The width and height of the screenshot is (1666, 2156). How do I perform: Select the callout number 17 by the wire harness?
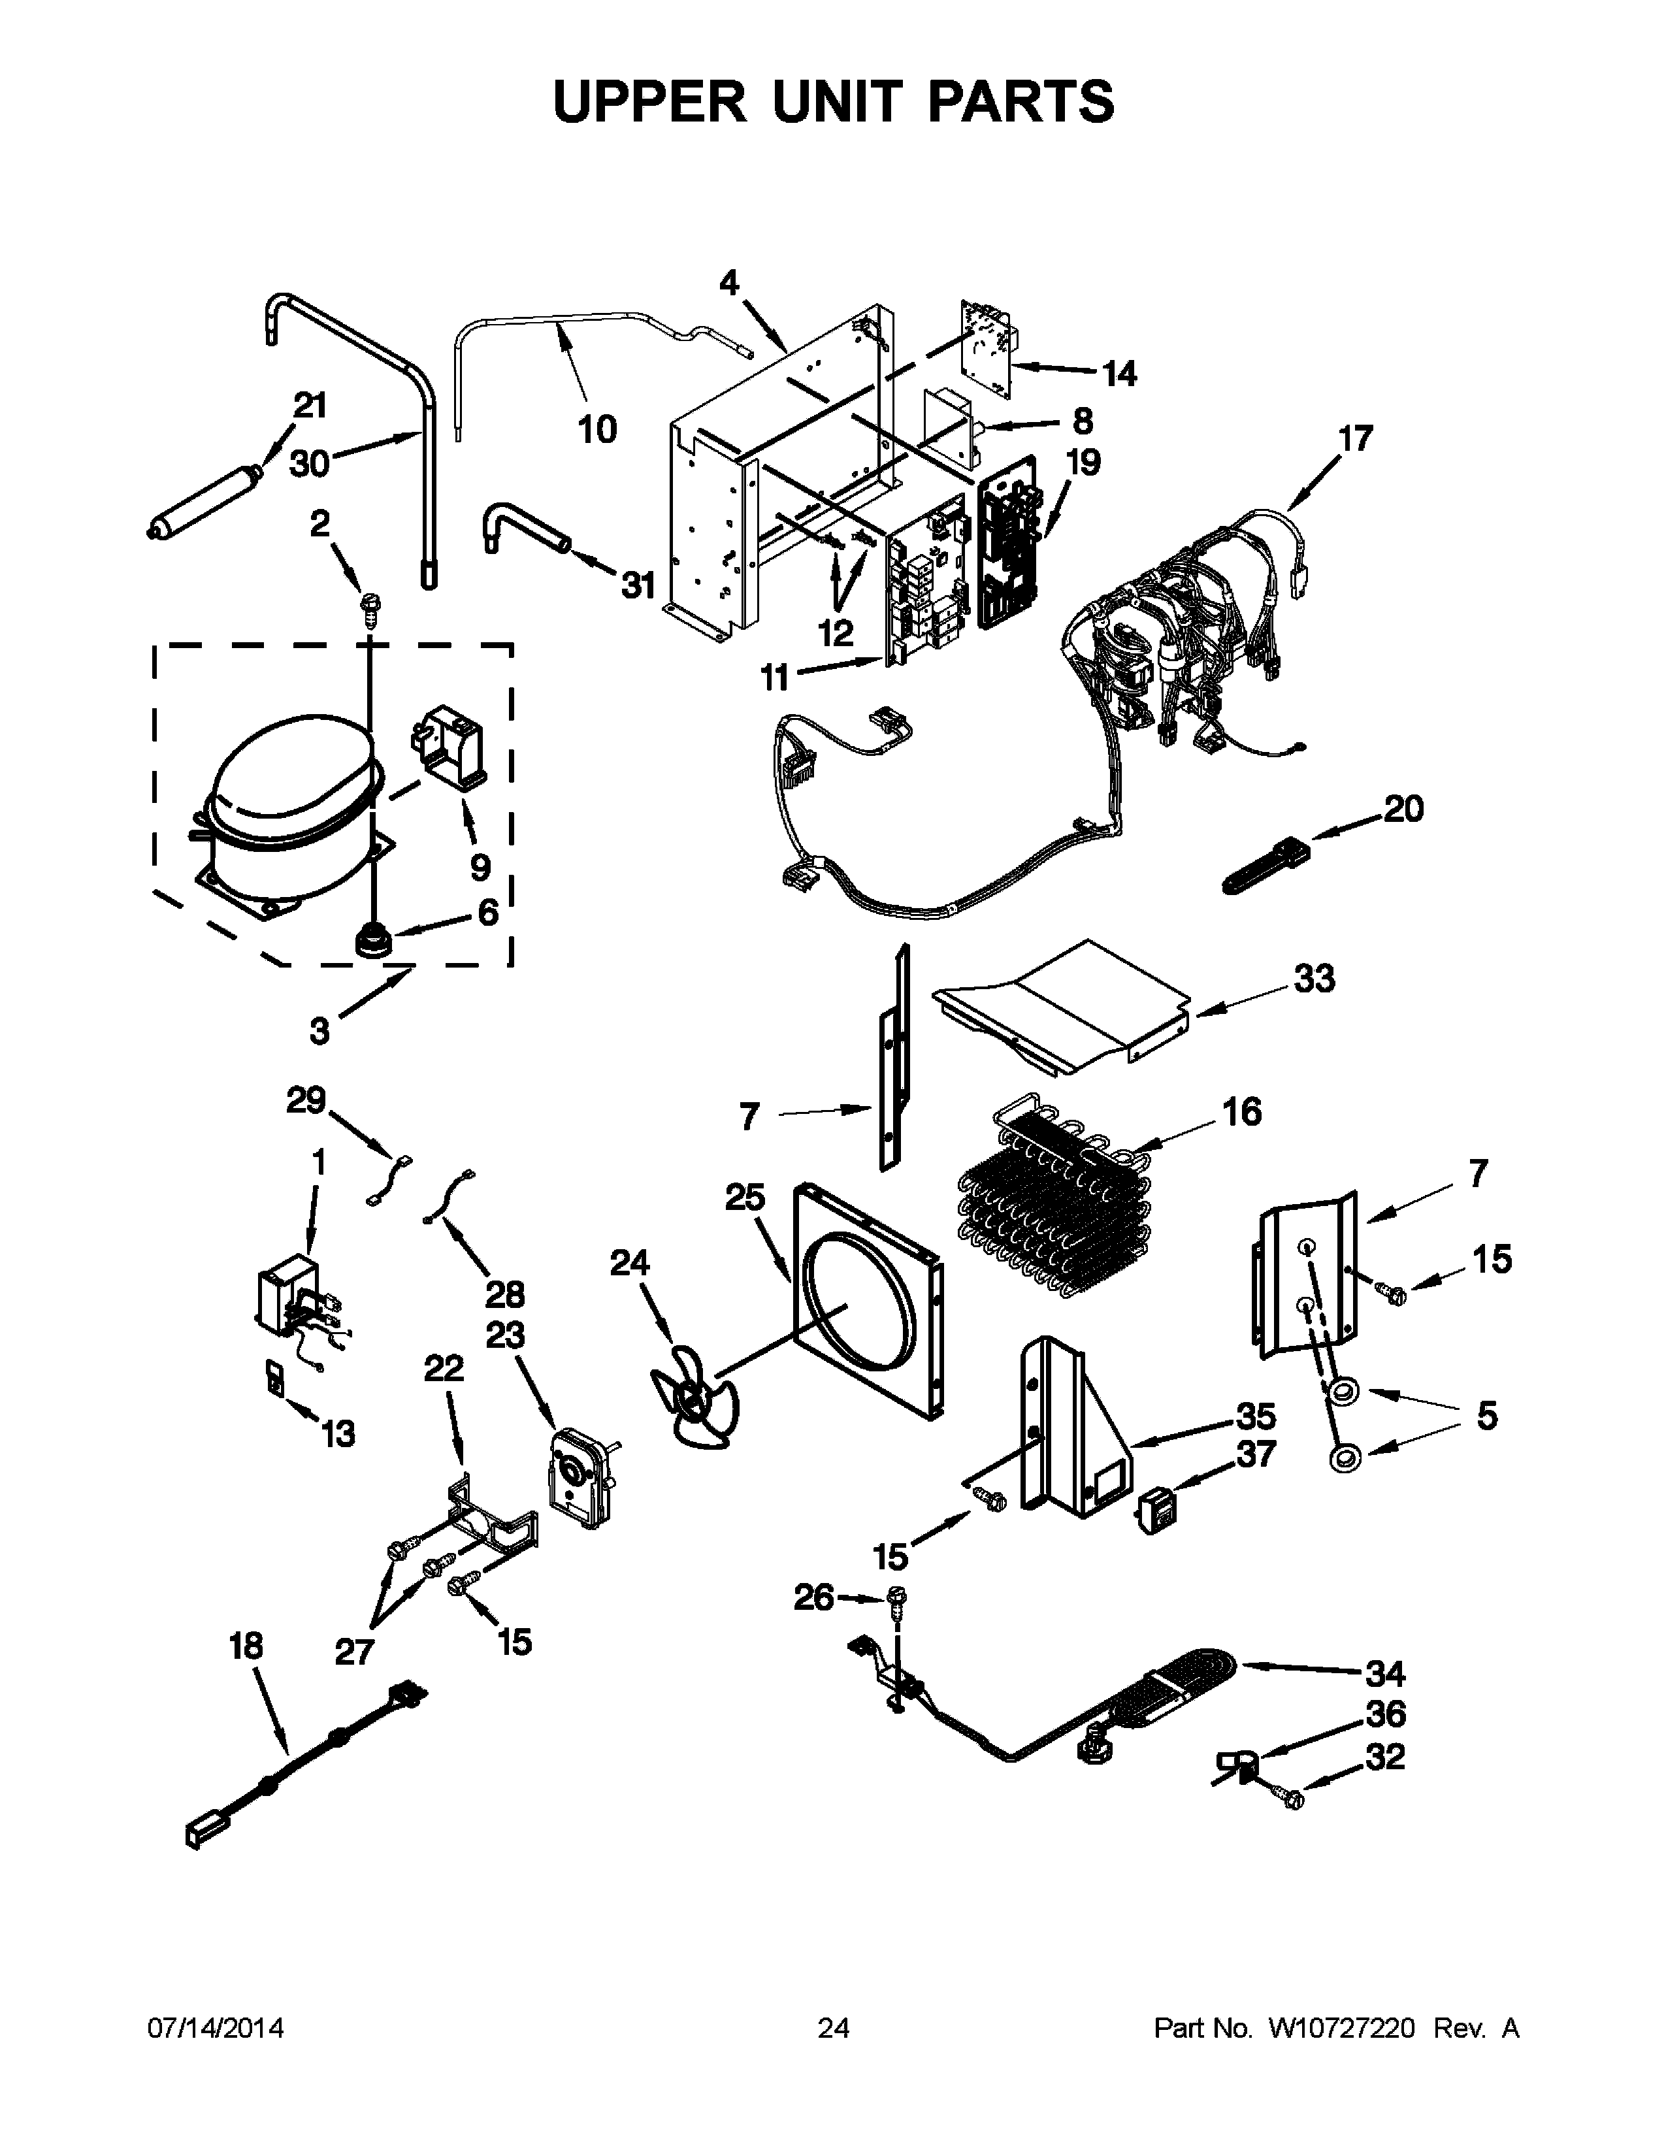click(x=1355, y=438)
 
